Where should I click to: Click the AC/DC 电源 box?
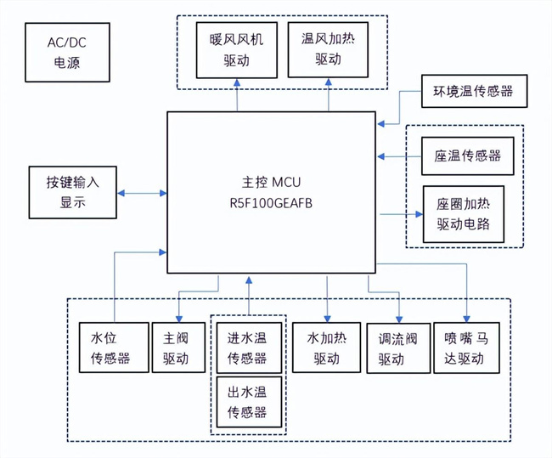tap(66, 52)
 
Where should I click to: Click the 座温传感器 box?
tap(467, 156)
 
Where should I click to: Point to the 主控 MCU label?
tap(272, 182)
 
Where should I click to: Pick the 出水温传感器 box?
tap(247, 402)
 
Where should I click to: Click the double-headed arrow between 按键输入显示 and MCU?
tap(144, 193)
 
